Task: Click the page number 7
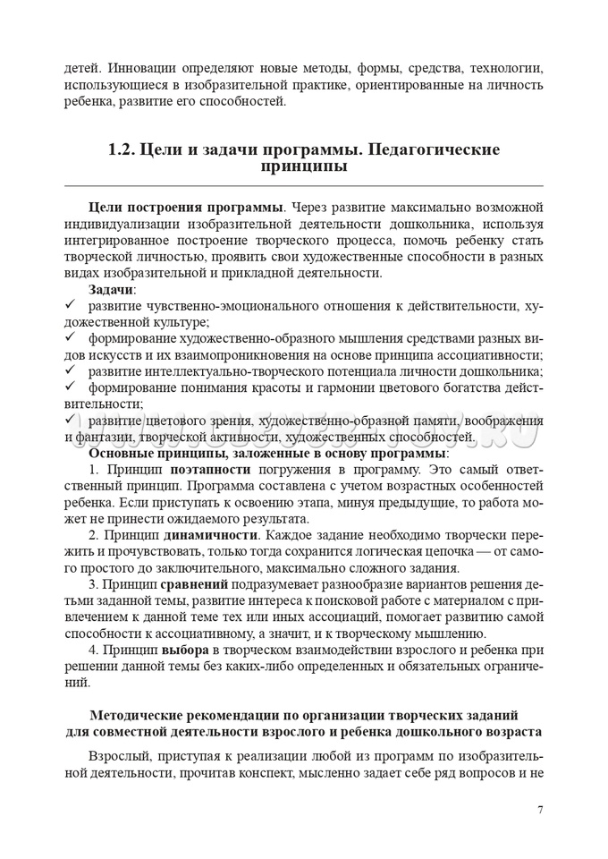pyautogui.click(x=540, y=810)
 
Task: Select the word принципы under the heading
pyautogui.click(x=304, y=167)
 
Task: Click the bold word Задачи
pyautogui.click(x=111, y=290)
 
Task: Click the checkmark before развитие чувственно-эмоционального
pyautogui.click(x=70, y=305)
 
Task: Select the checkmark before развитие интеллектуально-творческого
pyautogui.click(x=70, y=370)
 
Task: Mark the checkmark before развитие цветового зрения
pyautogui.click(x=70, y=420)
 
